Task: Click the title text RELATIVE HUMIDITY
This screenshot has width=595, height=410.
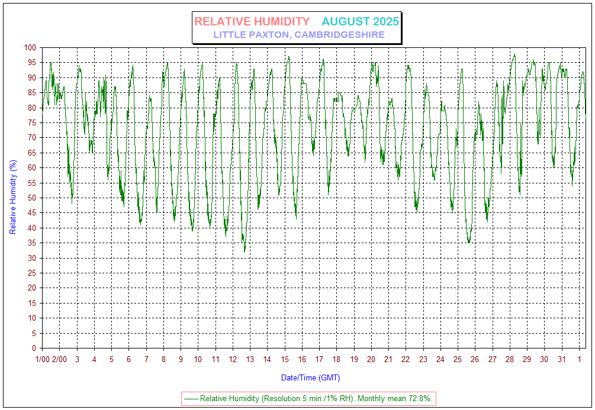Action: point(252,22)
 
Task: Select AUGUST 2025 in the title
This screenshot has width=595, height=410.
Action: point(360,22)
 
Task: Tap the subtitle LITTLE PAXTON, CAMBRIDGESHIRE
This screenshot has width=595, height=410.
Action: point(299,35)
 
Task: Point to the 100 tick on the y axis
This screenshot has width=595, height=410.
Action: point(30,47)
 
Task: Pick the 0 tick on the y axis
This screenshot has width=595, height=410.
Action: point(34,348)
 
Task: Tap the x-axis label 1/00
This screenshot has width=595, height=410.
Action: point(42,359)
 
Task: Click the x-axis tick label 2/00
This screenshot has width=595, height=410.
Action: point(59,359)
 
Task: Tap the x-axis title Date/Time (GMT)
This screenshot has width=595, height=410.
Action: point(310,377)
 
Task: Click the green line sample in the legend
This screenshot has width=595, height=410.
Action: point(191,399)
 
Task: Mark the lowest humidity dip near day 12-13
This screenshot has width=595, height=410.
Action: point(245,251)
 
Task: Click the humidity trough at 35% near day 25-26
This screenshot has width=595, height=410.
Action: point(468,242)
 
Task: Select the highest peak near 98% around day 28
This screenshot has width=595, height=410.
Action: point(514,54)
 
